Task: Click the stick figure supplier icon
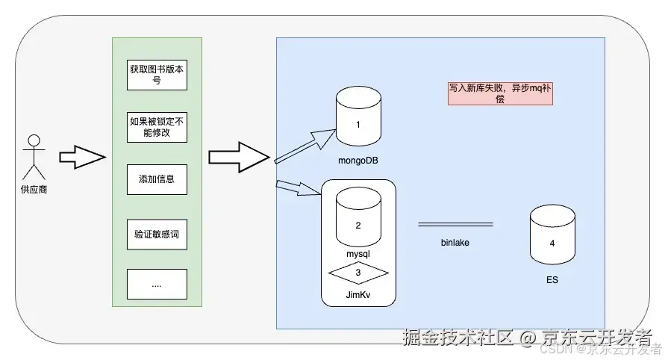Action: (x=33, y=155)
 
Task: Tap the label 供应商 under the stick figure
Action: (x=34, y=189)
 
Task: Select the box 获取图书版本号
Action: (x=157, y=75)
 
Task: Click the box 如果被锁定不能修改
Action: (x=157, y=127)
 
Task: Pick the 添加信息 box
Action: (x=157, y=179)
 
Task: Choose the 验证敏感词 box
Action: (x=157, y=233)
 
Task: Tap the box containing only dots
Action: (x=157, y=284)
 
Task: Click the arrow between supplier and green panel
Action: (x=81, y=158)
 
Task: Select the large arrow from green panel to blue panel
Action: (x=237, y=157)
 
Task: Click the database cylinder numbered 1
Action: (x=358, y=115)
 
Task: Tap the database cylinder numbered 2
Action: (x=358, y=217)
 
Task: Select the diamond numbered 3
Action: (x=358, y=273)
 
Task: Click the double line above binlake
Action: (x=455, y=224)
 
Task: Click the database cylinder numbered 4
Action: (x=552, y=236)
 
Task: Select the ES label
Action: (x=552, y=281)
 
